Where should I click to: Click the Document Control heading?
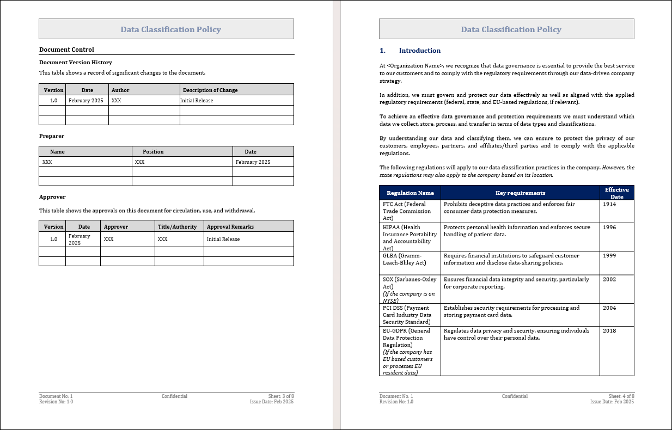coord(66,50)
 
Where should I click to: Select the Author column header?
coord(120,90)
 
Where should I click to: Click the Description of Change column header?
coord(210,90)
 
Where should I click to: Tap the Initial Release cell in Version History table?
coord(197,101)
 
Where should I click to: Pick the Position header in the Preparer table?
coord(153,152)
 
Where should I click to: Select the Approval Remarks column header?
coord(230,226)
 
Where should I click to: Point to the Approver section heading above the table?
coord(52,196)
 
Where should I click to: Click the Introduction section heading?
coord(419,51)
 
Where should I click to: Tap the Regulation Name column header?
coord(410,193)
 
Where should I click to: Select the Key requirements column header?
coord(520,193)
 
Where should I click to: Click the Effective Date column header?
coord(616,193)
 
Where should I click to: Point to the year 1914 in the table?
coord(609,204)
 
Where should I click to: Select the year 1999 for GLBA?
coord(609,255)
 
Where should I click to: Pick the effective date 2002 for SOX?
coord(609,279)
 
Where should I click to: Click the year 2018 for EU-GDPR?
coord(609,330)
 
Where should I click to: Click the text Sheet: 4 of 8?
coord(621,396)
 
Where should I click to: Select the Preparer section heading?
coord(52,136)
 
